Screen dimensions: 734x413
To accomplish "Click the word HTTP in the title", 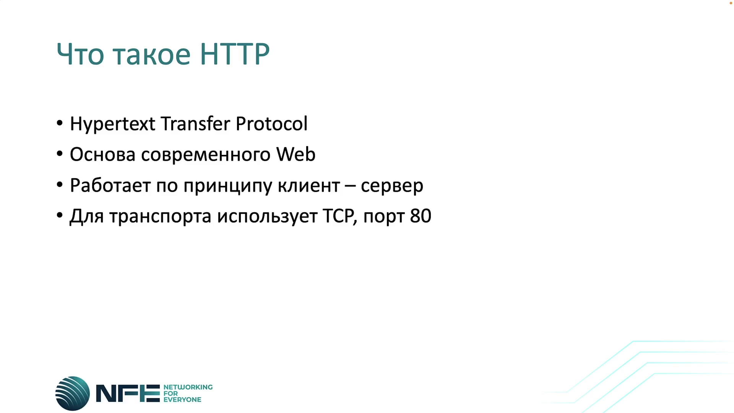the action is tap(235, 54).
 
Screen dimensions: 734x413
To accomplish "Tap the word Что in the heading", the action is tap(80, 54).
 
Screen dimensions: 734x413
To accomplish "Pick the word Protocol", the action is tap(271, 124).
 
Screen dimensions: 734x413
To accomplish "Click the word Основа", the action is tap(102, 154).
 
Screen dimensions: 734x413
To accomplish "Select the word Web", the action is tap(296, 154).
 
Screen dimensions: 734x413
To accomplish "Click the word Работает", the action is tap(110, 185).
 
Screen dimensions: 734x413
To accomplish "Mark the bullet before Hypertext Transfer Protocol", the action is tap(60, 123).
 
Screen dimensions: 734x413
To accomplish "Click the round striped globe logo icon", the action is tap(73, 393).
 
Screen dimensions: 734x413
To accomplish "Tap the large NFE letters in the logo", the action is tap(128, 393).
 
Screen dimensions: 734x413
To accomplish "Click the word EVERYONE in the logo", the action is tap(182, 400).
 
